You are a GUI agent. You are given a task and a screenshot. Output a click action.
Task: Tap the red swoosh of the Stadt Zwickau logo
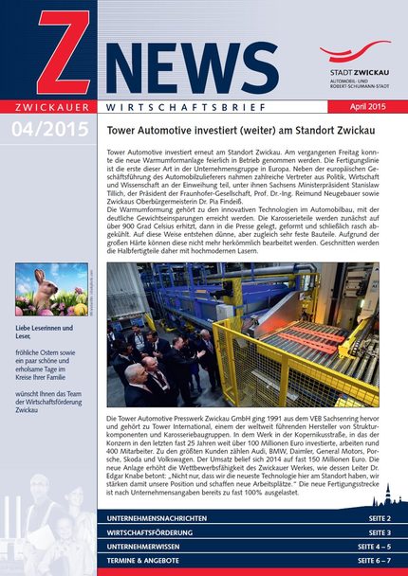[x=355, y=51]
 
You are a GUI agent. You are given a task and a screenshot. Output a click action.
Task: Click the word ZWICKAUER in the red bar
[x=47, y=107]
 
